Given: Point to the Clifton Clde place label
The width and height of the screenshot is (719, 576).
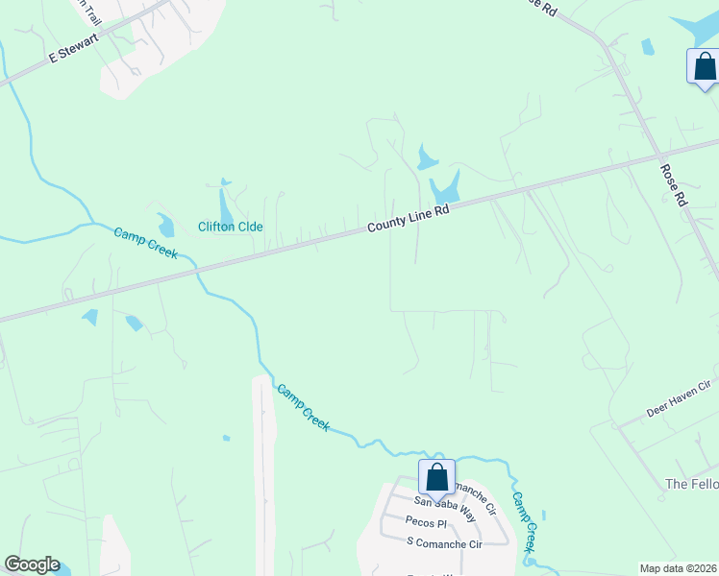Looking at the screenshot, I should click(231, 228).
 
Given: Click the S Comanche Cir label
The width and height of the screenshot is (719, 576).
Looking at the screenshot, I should click(444, 543).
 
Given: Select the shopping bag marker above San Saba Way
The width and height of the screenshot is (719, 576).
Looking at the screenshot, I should click(436, 477).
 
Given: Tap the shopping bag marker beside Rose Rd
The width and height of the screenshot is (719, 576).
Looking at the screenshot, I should click(705, 66).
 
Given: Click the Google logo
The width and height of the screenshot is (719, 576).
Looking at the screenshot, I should click(32, 564).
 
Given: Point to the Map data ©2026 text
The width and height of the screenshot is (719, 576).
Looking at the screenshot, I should click(678, 568).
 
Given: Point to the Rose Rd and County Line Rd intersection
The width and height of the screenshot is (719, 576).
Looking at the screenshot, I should click(658, 156).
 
